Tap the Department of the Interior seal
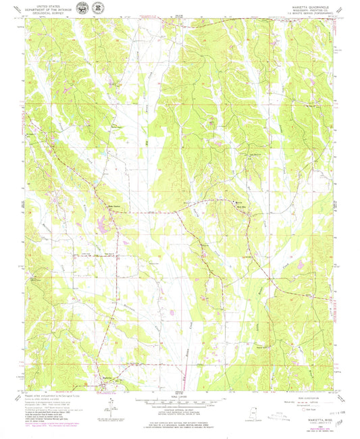tap(82, 9)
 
